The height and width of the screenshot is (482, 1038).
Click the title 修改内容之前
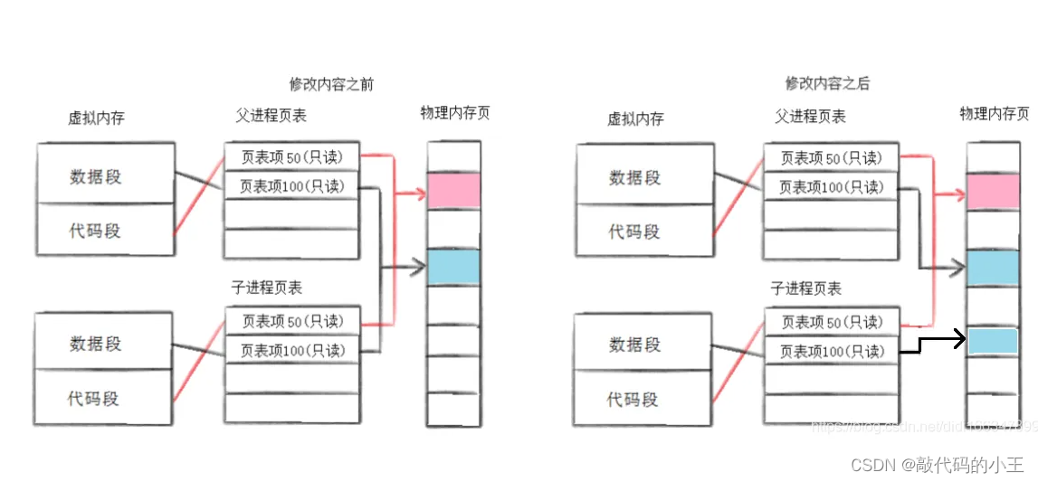click(x=331, y=84)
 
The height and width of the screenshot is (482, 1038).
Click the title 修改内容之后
click(x=827, y=83)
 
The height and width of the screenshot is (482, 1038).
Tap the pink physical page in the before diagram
click(x=452, y=191)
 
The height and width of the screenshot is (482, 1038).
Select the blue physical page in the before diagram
click(x=452, y=267)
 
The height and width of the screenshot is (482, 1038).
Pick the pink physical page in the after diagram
click(x=993, y=191)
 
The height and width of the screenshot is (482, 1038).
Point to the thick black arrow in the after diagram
click(x=937, y=342)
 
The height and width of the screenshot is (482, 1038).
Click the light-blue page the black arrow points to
click(x=993, y=341)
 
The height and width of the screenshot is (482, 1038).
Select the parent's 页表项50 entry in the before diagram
click(x=291, y=157)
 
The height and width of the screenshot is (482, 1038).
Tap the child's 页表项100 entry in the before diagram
click(x=291, y=350)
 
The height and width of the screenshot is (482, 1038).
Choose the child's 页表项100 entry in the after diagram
click(x=832, y=351)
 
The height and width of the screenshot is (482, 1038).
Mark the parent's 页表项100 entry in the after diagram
click(x=832, y=187)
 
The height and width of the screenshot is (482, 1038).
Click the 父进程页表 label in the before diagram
click(x=271, y=115)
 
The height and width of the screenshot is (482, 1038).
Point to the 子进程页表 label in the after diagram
click(x=806, y=288)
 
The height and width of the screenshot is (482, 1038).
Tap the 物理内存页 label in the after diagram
click(x=994, y=114)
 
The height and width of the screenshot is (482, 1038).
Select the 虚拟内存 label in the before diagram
click(x=96, y=118)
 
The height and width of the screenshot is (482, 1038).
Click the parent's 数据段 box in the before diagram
click(x=104, y=175)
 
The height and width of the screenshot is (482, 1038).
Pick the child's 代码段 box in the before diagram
click(x=104, y=397)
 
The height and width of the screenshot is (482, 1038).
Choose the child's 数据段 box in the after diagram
click(x=634, y=345)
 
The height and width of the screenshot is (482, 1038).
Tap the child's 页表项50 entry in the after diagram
click(x=832, y=322)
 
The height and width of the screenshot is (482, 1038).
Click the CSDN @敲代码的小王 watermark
click(x=937, y=465)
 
